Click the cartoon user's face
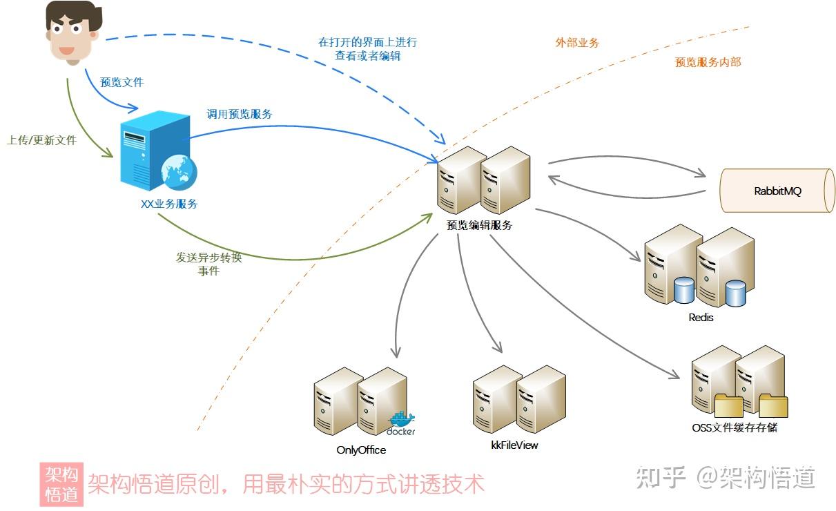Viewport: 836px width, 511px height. tap(70, 35)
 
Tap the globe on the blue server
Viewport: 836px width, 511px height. tap(177, 172)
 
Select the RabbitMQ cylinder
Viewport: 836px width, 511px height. tap(777, 190)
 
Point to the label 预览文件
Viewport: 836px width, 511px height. tap(122, 82)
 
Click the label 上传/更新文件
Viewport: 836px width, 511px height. tap(41, 140)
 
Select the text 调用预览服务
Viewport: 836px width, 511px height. tap(240, 114)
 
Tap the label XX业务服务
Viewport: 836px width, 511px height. tap(169, 204)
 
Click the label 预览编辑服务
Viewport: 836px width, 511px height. tap(480, 225)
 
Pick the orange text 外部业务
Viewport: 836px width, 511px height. tap(577, 43)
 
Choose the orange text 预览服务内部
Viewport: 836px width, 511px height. tap(708, 62)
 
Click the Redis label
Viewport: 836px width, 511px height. tap(701, 318)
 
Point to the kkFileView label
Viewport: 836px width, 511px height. tap(514, 445)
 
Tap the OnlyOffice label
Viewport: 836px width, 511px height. tap(361, 450)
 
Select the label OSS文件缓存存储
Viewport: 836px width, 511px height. tap(735, 427)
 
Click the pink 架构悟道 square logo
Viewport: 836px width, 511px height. tap(61, 484)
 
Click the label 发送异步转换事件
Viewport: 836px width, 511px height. tap(209, 264)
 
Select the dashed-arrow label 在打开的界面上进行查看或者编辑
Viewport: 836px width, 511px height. tap(367, 49)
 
